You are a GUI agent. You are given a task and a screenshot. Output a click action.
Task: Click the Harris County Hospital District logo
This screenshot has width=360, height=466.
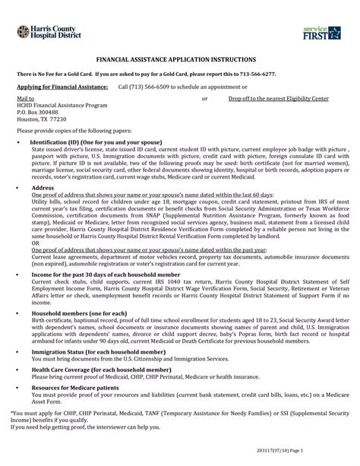tap(45, 31)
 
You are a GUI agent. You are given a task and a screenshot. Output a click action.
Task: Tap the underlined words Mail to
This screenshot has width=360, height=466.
tap(26, 99)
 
